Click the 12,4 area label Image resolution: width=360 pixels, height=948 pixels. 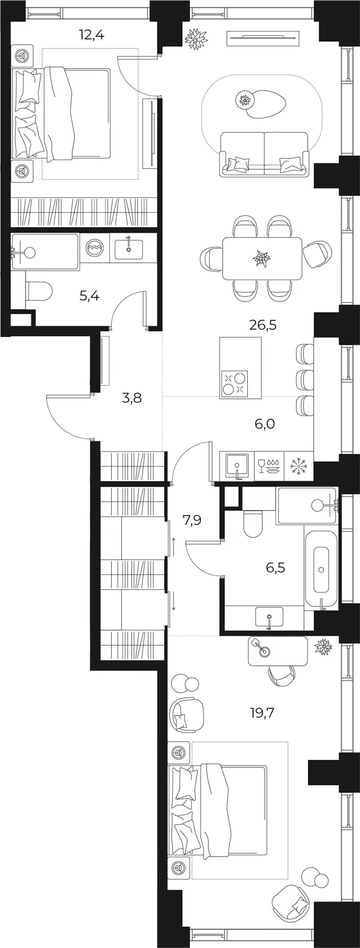coord(92,34)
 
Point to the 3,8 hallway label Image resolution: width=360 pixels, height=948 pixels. coord(132,398)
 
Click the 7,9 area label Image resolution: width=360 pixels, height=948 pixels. coord(192,519)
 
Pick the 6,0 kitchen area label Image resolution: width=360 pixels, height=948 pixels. coord(264,423)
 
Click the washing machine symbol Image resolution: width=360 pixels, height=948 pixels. coord(94,247)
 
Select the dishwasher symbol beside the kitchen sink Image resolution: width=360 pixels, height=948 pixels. coord(269,466)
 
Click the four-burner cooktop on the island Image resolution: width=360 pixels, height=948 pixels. coord(234,383)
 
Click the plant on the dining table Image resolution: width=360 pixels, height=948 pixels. coord(262,257)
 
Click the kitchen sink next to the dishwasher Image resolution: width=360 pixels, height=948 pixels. coord(237,466)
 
